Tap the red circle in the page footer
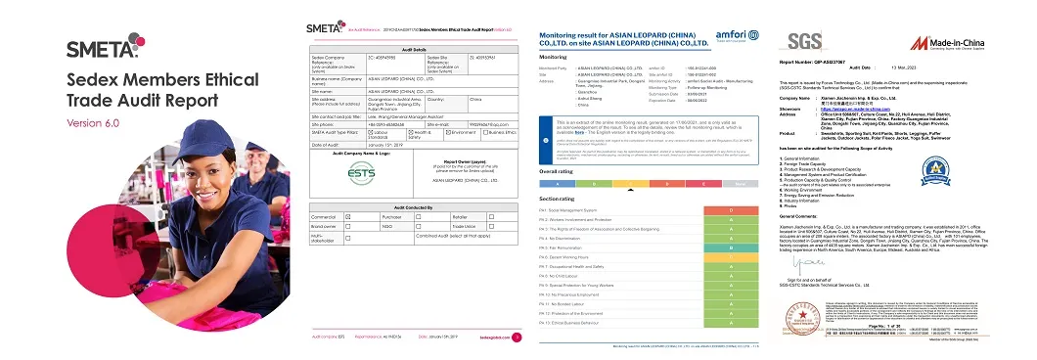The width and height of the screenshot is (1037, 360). point(516,337)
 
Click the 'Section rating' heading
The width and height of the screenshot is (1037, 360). point(557,198)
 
